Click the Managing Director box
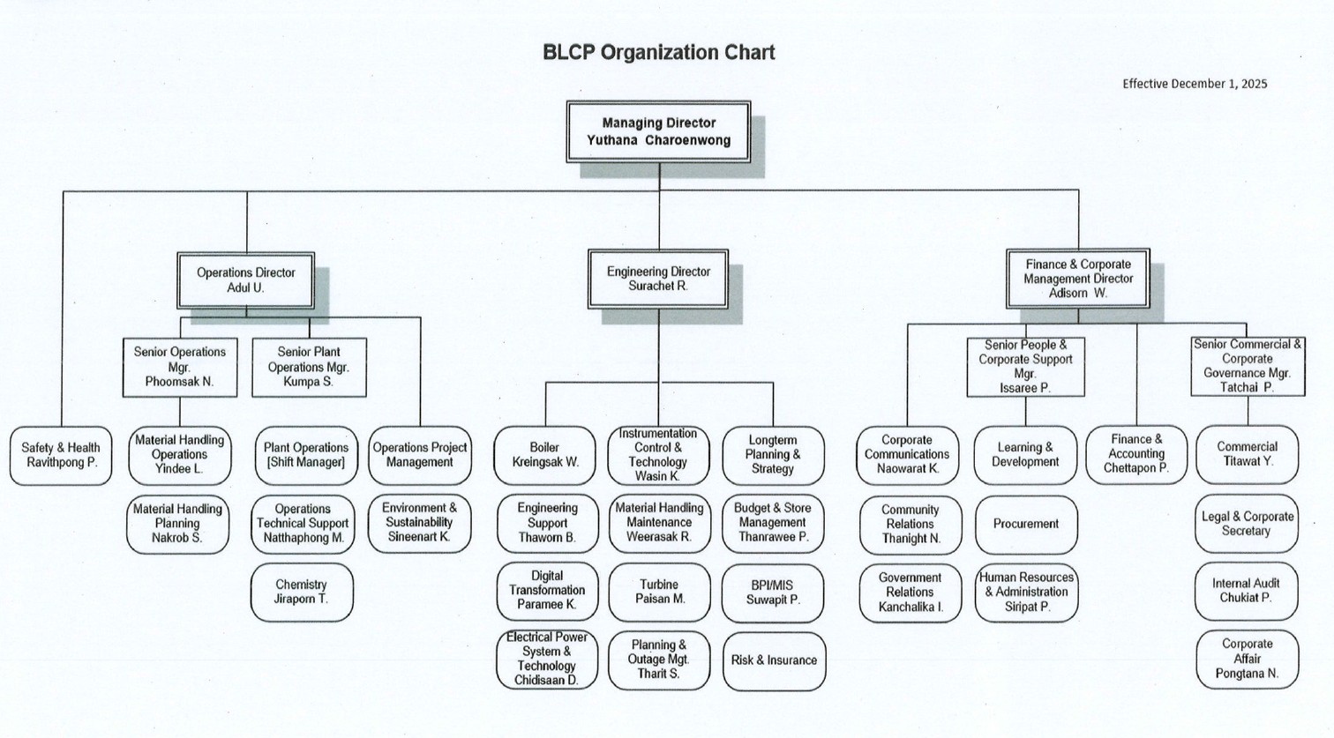point(658,131)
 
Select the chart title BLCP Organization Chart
point(658,53)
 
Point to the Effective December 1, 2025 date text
point(1195,84)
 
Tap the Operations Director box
point(245,280)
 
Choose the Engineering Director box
point(658,279)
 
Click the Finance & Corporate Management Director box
point(1077,279)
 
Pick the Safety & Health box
point(61,455)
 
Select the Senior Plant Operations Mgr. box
point(308,367)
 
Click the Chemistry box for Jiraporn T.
point(302,592)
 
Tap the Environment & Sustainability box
point(419,522)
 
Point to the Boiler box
point(544,455)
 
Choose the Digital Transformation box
point(547,590)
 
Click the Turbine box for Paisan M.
point(659,592)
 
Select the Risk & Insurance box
point(774,660)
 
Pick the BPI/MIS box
point(773,592)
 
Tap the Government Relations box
point(910,592)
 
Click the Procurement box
point(1025,524)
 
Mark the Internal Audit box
point(1246,591)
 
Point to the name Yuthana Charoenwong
point(658,140)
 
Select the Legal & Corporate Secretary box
point(1247,524)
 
